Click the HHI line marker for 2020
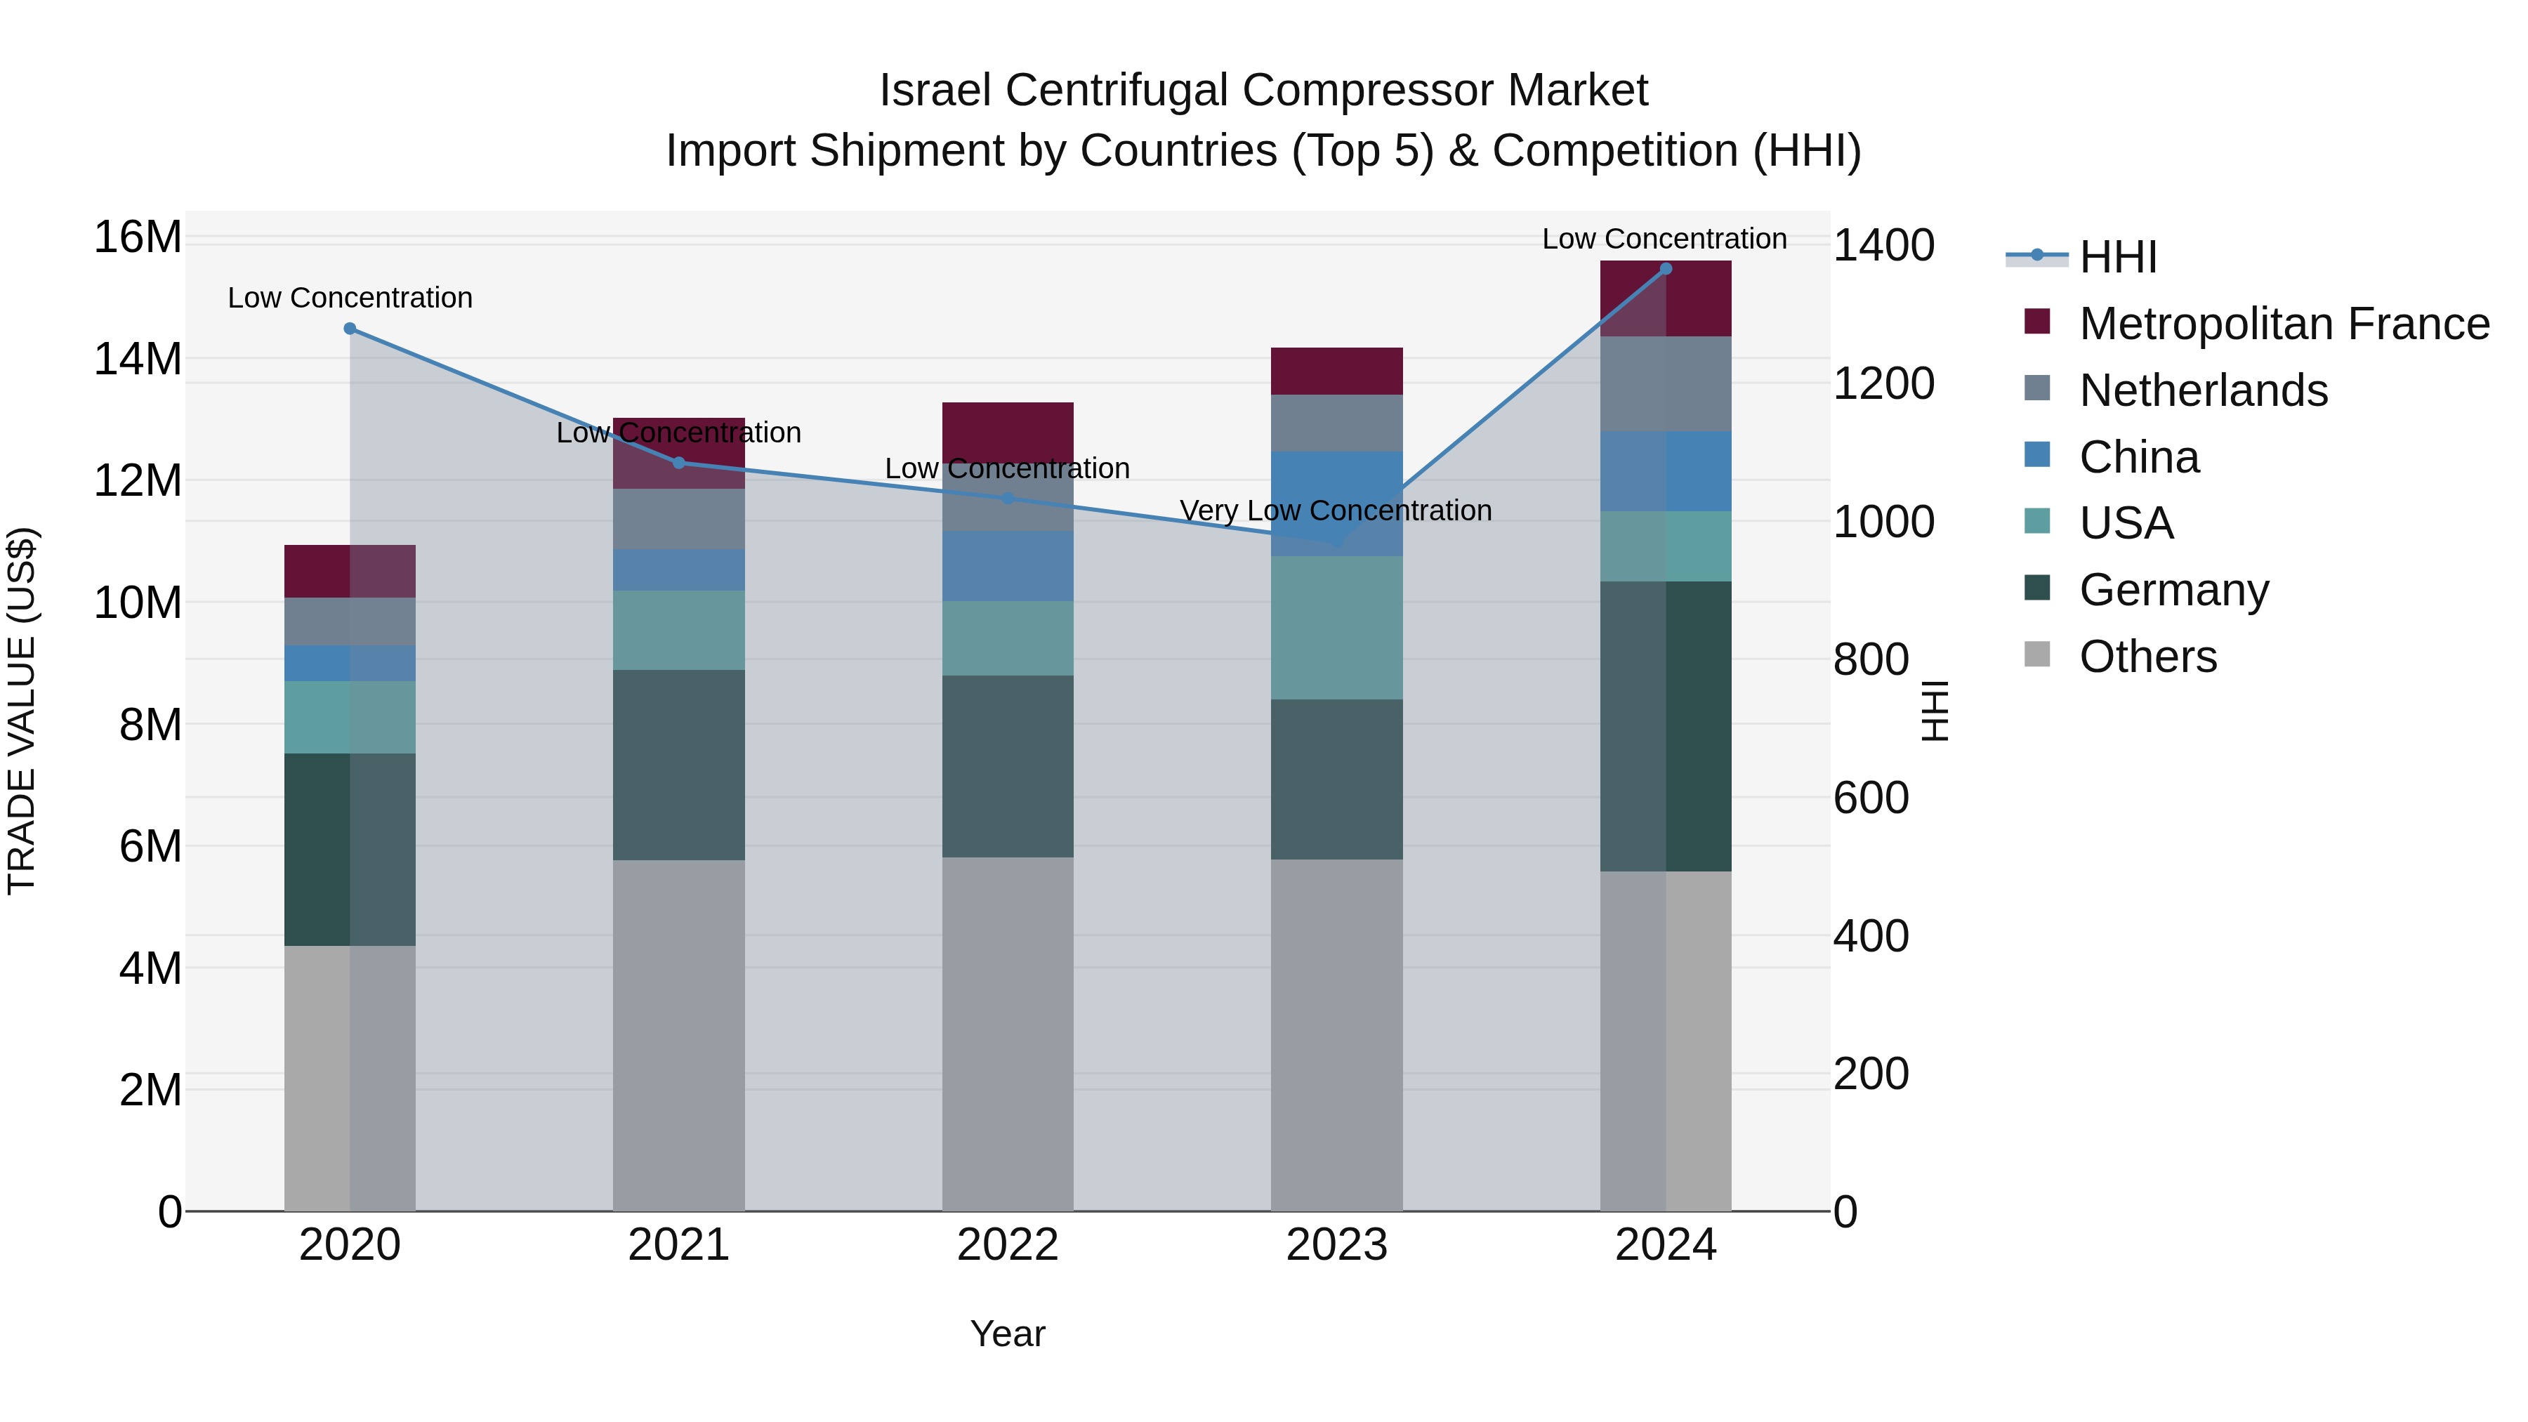tap(350, 329)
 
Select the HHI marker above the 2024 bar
tap(1666, 269)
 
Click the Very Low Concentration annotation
tap(1336, 511)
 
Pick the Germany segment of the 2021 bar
tap(678, 765)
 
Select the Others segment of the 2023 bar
tap(1336, 1035)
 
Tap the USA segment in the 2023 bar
tap(1336, 628)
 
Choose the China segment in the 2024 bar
tap(1666, 471)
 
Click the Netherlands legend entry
tap(2203, 390)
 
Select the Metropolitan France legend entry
tap(2284, 324)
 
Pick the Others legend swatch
tap(2037, 654)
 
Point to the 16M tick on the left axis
tap(138, 237)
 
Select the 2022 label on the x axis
tap(1007, 1245)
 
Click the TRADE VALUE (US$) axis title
tap(22, 711)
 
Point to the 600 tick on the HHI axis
tap(1871, 798)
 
